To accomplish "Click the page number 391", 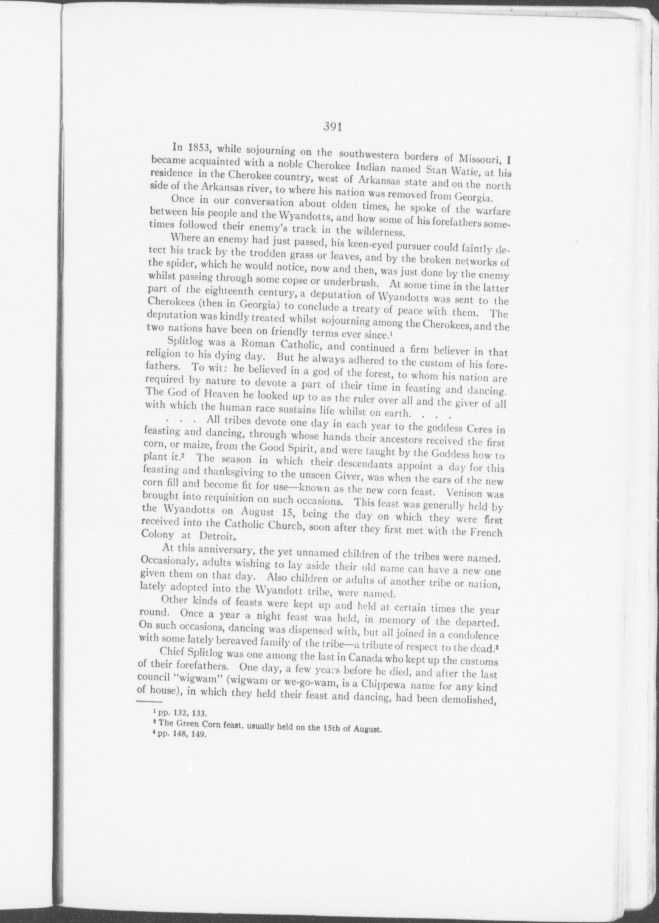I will coord(332,126).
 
